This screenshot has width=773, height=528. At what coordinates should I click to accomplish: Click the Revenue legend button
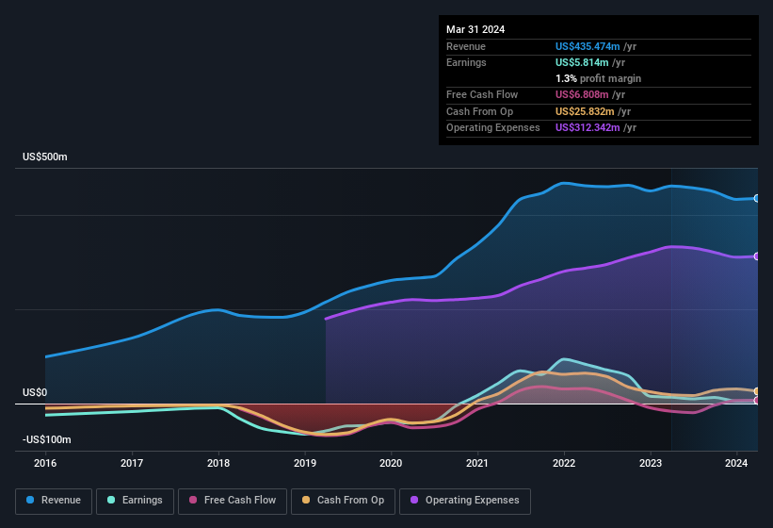point(53,500)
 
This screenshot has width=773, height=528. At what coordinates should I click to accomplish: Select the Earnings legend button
point(134,500)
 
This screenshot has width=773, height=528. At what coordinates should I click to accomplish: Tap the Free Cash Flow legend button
point(233,500)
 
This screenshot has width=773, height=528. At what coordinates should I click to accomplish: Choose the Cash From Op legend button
point(342,500)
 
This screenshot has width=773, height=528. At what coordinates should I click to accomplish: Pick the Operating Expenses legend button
point(464,500)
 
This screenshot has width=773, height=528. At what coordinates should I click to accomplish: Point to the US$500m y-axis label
point(45,157)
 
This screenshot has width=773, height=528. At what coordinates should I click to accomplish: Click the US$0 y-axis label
point(35,392)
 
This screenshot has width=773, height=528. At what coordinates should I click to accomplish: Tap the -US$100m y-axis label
point(47,439)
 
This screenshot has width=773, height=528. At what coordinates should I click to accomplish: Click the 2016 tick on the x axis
point(45,463)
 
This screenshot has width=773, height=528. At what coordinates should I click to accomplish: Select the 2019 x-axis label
point(304,463)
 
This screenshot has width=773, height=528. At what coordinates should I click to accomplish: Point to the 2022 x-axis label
point(564,463)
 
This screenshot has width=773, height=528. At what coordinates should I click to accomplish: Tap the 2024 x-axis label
point(736,463)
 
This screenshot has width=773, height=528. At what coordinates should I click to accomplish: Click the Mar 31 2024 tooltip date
point(475,29)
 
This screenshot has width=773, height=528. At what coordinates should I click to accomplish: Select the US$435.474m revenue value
point(588,46)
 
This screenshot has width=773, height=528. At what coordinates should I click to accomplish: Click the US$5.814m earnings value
point(582,62)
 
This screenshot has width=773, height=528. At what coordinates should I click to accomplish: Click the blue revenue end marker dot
point(757,198)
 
